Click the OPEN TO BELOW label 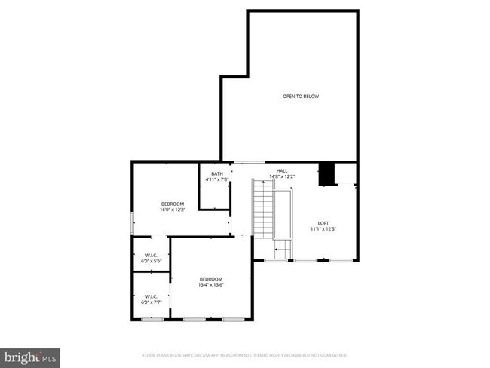(x=300, y=97)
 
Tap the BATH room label (x=217, y=174)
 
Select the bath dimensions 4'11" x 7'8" (x=217, y=180)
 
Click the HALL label (x=282, y=171)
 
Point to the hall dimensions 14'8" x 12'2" (x=282, y=177)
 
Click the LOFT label (x=323, y=223)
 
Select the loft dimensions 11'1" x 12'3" (x=323, y=229)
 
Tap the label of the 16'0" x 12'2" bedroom (x=172, y=204)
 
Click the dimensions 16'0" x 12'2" (x=172, y=210)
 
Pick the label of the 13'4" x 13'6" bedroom (x=211, y=279)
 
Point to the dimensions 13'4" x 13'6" (x=211, y=285)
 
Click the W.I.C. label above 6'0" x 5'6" (x=151, y=255)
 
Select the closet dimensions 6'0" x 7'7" (x=151, y=302)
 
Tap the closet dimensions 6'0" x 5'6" (x=151, y=261)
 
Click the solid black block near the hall (x=327, y=173)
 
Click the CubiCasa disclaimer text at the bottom (x=245, y=354)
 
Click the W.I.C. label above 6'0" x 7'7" (x=151, y=296)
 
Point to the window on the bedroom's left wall (x=133, y=224)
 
